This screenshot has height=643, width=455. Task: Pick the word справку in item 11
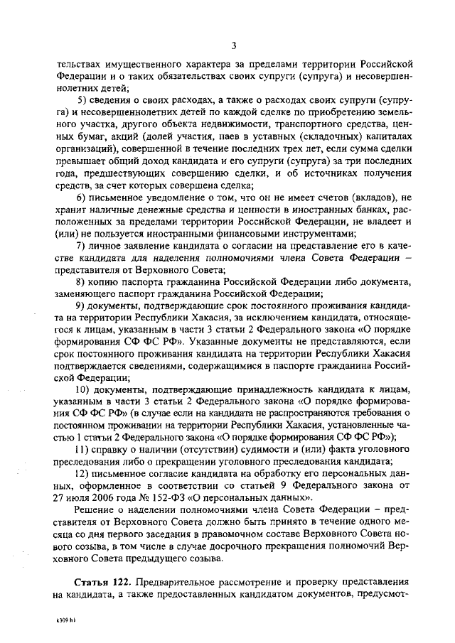pyautogui.click(x=116, y=450)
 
